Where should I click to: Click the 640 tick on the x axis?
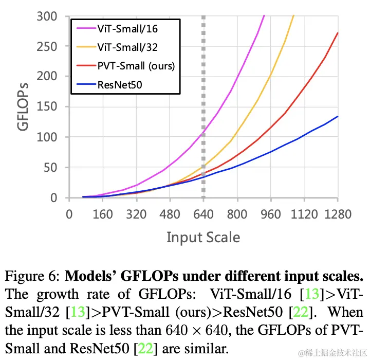tap(203, 214)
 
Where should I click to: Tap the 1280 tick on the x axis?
tap(338, 214)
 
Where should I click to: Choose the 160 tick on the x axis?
tap(103, 214)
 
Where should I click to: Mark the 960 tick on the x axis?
tap(270, 214)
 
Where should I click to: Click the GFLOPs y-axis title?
tap(24, 106)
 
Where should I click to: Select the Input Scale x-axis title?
tap(203, 237)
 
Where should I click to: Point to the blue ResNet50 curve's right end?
tap(338, 116)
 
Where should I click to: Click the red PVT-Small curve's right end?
tap(338, 33)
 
